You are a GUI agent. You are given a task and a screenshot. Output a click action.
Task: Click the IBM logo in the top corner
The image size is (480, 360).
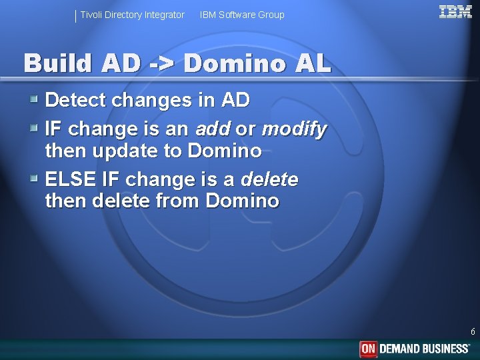[455, 11]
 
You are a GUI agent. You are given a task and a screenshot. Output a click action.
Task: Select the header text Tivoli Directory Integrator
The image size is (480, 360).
[132, 15]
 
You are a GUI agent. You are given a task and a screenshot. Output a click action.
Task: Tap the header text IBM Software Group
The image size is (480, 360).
[242, 15]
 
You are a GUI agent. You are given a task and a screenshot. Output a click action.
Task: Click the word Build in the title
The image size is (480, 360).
[57, 63]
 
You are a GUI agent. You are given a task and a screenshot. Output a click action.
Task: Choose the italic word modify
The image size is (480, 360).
[294, 127]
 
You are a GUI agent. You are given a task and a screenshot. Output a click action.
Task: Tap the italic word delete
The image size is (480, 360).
[269, 179]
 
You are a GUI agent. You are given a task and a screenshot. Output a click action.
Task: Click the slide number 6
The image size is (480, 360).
[473, 331]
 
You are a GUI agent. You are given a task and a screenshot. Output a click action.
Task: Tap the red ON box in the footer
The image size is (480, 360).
[368, 349]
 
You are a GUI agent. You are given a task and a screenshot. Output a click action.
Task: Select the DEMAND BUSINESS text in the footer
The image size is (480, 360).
[424, 349]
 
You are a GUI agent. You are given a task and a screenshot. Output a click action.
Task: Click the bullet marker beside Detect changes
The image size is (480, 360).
[34, 101]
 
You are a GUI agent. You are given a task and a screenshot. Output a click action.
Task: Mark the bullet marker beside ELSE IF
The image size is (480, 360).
[34, 179]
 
